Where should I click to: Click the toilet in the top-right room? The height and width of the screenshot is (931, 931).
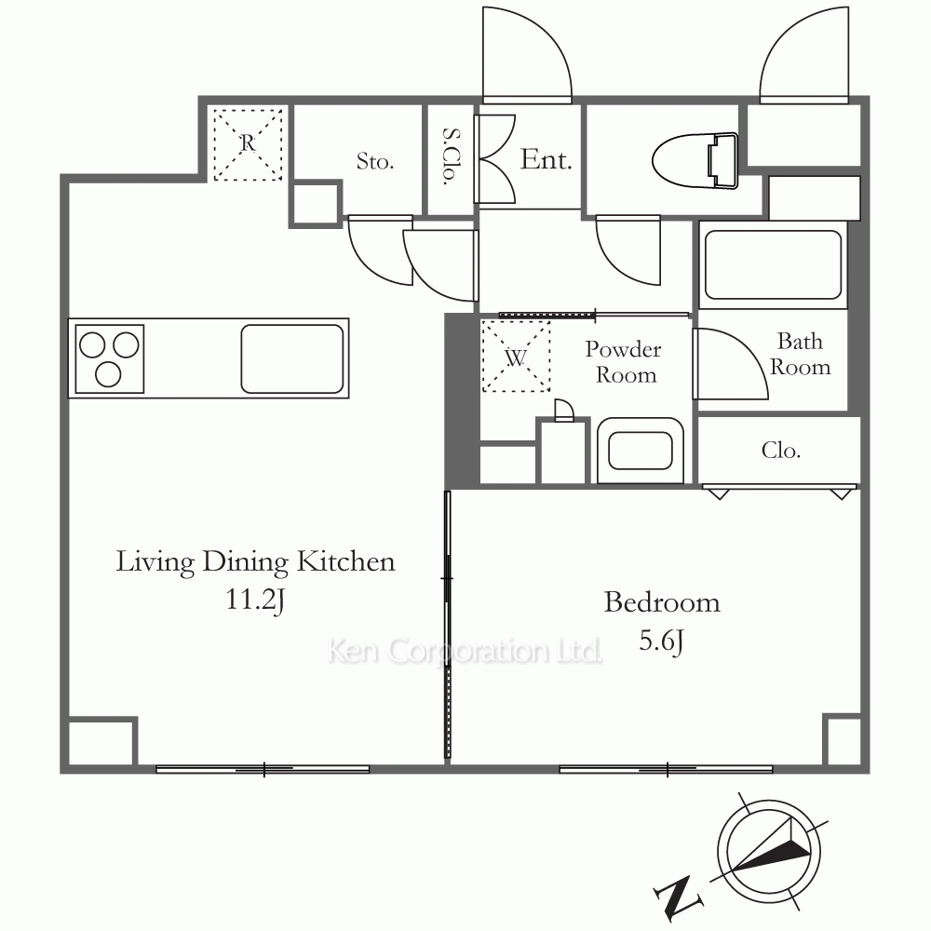point(695,161)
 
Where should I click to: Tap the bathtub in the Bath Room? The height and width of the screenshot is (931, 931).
point(773,264)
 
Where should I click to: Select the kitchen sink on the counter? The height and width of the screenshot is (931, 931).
point(292,358)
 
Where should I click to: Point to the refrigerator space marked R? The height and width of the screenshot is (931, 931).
point(248,144)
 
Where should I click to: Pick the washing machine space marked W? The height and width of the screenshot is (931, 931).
point(516,357)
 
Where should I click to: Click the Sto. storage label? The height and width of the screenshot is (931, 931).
point(375,161)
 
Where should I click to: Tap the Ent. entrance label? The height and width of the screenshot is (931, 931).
point(546,159)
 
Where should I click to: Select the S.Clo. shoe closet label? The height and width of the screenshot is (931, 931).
point(452,157)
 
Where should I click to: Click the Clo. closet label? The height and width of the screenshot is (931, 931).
point(781,451)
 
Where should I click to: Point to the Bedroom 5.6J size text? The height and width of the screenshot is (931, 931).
point(661,641)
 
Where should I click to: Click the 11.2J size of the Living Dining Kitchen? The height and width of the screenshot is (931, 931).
point(255,600)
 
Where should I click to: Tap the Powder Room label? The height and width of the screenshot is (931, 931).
point(624,362)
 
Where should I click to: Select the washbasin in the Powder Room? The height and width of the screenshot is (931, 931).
point(641,452)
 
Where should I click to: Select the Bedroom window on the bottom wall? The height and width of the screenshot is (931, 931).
point(667,770)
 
